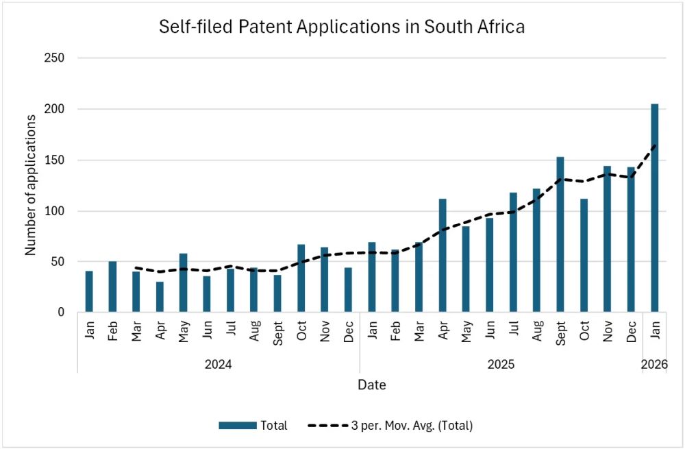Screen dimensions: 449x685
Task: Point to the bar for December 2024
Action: click(x=348, y=290)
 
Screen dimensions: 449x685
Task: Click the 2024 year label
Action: click(x=218, y=364)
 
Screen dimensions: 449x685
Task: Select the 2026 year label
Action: click(x=654, y=364)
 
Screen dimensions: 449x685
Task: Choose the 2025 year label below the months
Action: click(x=501, y=364)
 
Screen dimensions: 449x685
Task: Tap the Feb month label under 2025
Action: click(x=395, y=334)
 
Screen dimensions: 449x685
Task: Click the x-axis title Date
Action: click(x=371, y=385)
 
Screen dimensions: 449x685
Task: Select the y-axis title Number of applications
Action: click(x=31, y=185)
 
